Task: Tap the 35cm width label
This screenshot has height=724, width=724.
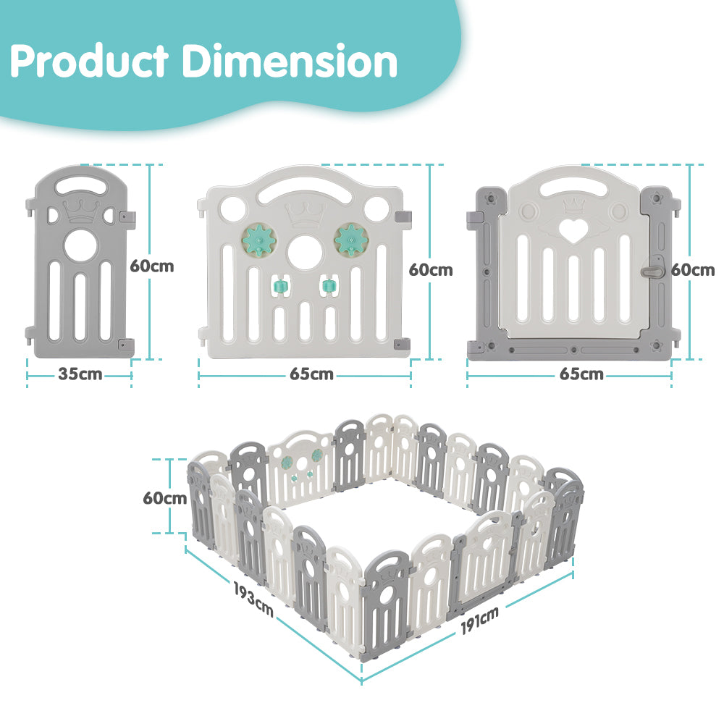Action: coord(80,374)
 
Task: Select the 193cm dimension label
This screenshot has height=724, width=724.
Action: coord(253,597)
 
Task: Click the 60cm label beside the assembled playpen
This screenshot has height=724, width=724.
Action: coord(164,498)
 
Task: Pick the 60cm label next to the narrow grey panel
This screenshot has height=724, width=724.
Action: coord(152,266)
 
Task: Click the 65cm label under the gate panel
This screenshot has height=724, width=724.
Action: coord(581,374)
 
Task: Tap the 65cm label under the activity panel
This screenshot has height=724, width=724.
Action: coord(311,374)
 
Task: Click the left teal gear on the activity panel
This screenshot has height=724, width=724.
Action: coord(254,238)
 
